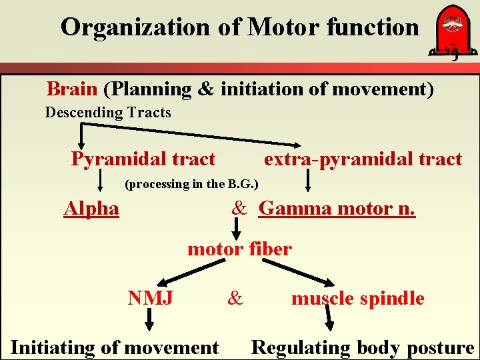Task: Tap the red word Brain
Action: pyautogui.click(x=72, y=89)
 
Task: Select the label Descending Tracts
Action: pyautogui.click(x=108, y=113)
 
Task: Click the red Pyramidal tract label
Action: pyautogui.click(x=143, y=159)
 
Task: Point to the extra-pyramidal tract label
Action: pyautogui.click(x=363, y=159)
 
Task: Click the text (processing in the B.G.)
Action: pyautogui.click(x=192, y=184)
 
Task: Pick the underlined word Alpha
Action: pyautogui.click(x=91, y=209)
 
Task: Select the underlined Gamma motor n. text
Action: pyautogui.click(x=337, y=209)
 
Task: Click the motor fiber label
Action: pyautogui.click(x=239, y=249)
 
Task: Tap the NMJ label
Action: pyautogui.click(x=151, y=298)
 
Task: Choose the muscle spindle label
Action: pyautogui.click(x=357, y=298)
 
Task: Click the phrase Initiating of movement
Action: pyautogui.click(x=115, y=347)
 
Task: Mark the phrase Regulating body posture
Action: pyautogui.click(x=362, y=347)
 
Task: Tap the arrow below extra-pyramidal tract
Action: pyautogui.click(x=308, y=180)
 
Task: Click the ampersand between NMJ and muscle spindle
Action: pyautogui.click(x=235, y=298)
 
